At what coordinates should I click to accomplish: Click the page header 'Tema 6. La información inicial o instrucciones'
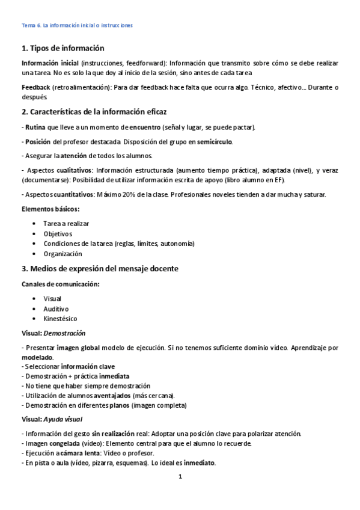[x=77, y=25]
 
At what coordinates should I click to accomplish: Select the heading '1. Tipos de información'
[x=63, y=48]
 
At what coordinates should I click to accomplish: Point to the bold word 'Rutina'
[x=35, y=127]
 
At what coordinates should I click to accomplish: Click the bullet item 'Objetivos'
[x=58, y=233]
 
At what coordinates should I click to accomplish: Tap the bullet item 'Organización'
[x=63, y=254]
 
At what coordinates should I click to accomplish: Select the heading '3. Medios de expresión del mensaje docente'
[x=100, y=268]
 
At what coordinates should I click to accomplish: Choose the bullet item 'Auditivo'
[x=56, y=309]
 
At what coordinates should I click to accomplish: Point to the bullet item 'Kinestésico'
[x=60, y=319]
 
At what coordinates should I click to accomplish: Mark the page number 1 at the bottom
[x=180, y=478]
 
